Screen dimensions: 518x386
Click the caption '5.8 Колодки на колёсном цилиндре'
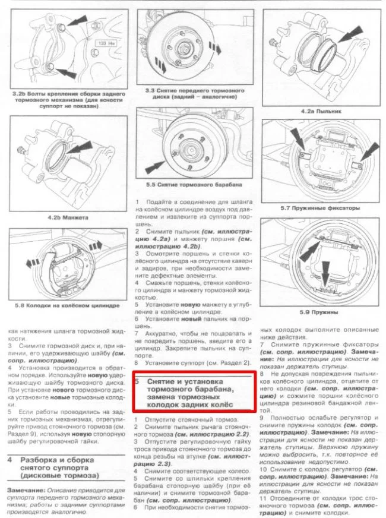(x=64, y=305)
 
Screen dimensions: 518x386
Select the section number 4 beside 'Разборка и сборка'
(x=11, y=460)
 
